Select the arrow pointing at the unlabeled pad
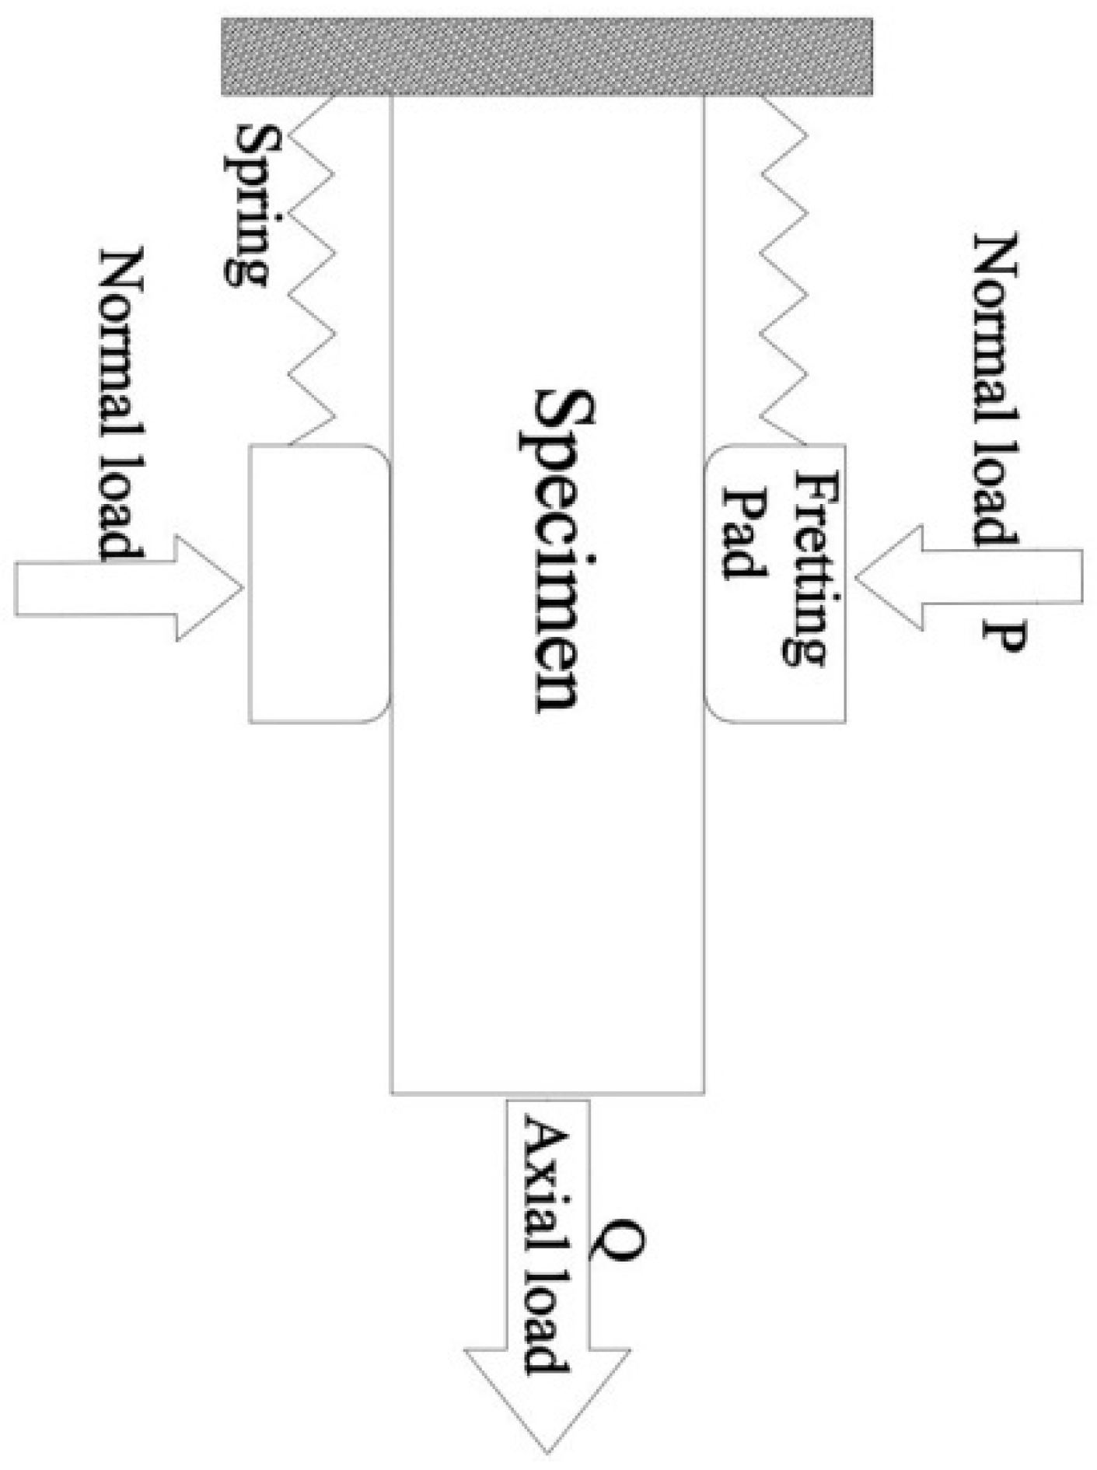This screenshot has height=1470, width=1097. [129, 588]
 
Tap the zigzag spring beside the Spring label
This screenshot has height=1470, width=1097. [312, 269]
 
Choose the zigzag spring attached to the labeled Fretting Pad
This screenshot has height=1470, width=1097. [784, 269]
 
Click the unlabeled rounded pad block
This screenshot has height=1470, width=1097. [318, 583]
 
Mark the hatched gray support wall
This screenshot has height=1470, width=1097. [547, 56]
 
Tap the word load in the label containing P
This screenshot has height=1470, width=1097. [996, 481]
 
